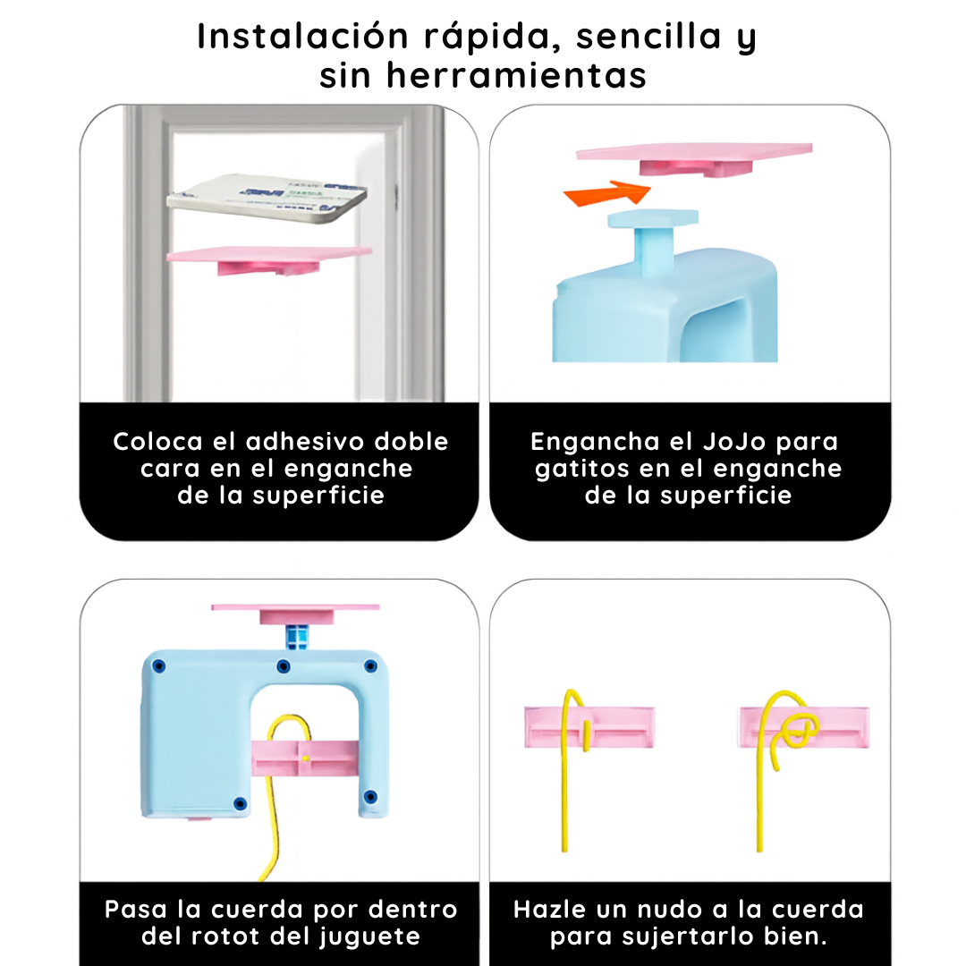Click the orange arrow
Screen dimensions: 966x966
(605, 192)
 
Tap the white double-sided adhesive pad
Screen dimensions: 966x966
(269, 198)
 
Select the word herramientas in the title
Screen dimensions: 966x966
(517, 76)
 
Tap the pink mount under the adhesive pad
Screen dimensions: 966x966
(269, 258)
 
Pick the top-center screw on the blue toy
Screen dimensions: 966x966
(283, 666)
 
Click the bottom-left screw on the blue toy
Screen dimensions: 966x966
(238, 803)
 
